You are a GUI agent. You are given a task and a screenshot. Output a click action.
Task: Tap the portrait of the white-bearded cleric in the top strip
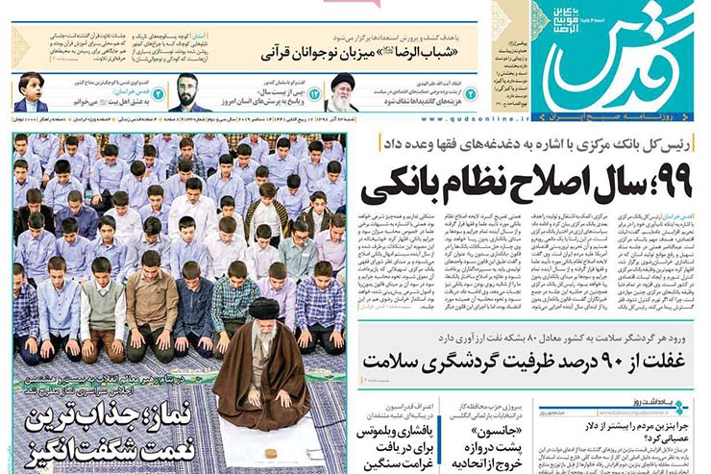click(x=342, y=92)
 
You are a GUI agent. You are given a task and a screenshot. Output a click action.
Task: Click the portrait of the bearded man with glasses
click(x=193, y=92)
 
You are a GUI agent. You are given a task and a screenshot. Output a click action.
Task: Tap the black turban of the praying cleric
click(x=264, y=310)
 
